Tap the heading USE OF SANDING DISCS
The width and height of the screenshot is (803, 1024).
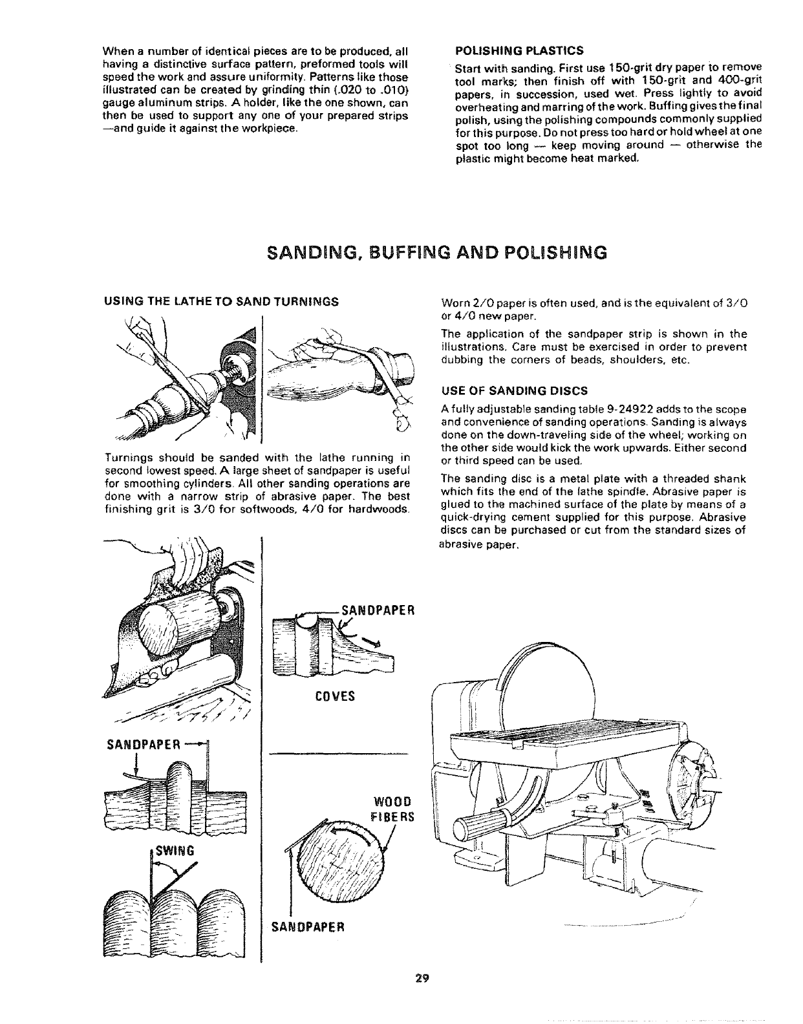tap(514, 390)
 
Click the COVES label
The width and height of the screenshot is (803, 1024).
tap(333, 697)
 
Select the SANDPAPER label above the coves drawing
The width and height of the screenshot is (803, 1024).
tap(376, 610)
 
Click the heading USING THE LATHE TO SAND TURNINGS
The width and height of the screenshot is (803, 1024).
tap(221, 301)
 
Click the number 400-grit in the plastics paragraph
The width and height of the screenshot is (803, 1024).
tap(740, 80)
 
